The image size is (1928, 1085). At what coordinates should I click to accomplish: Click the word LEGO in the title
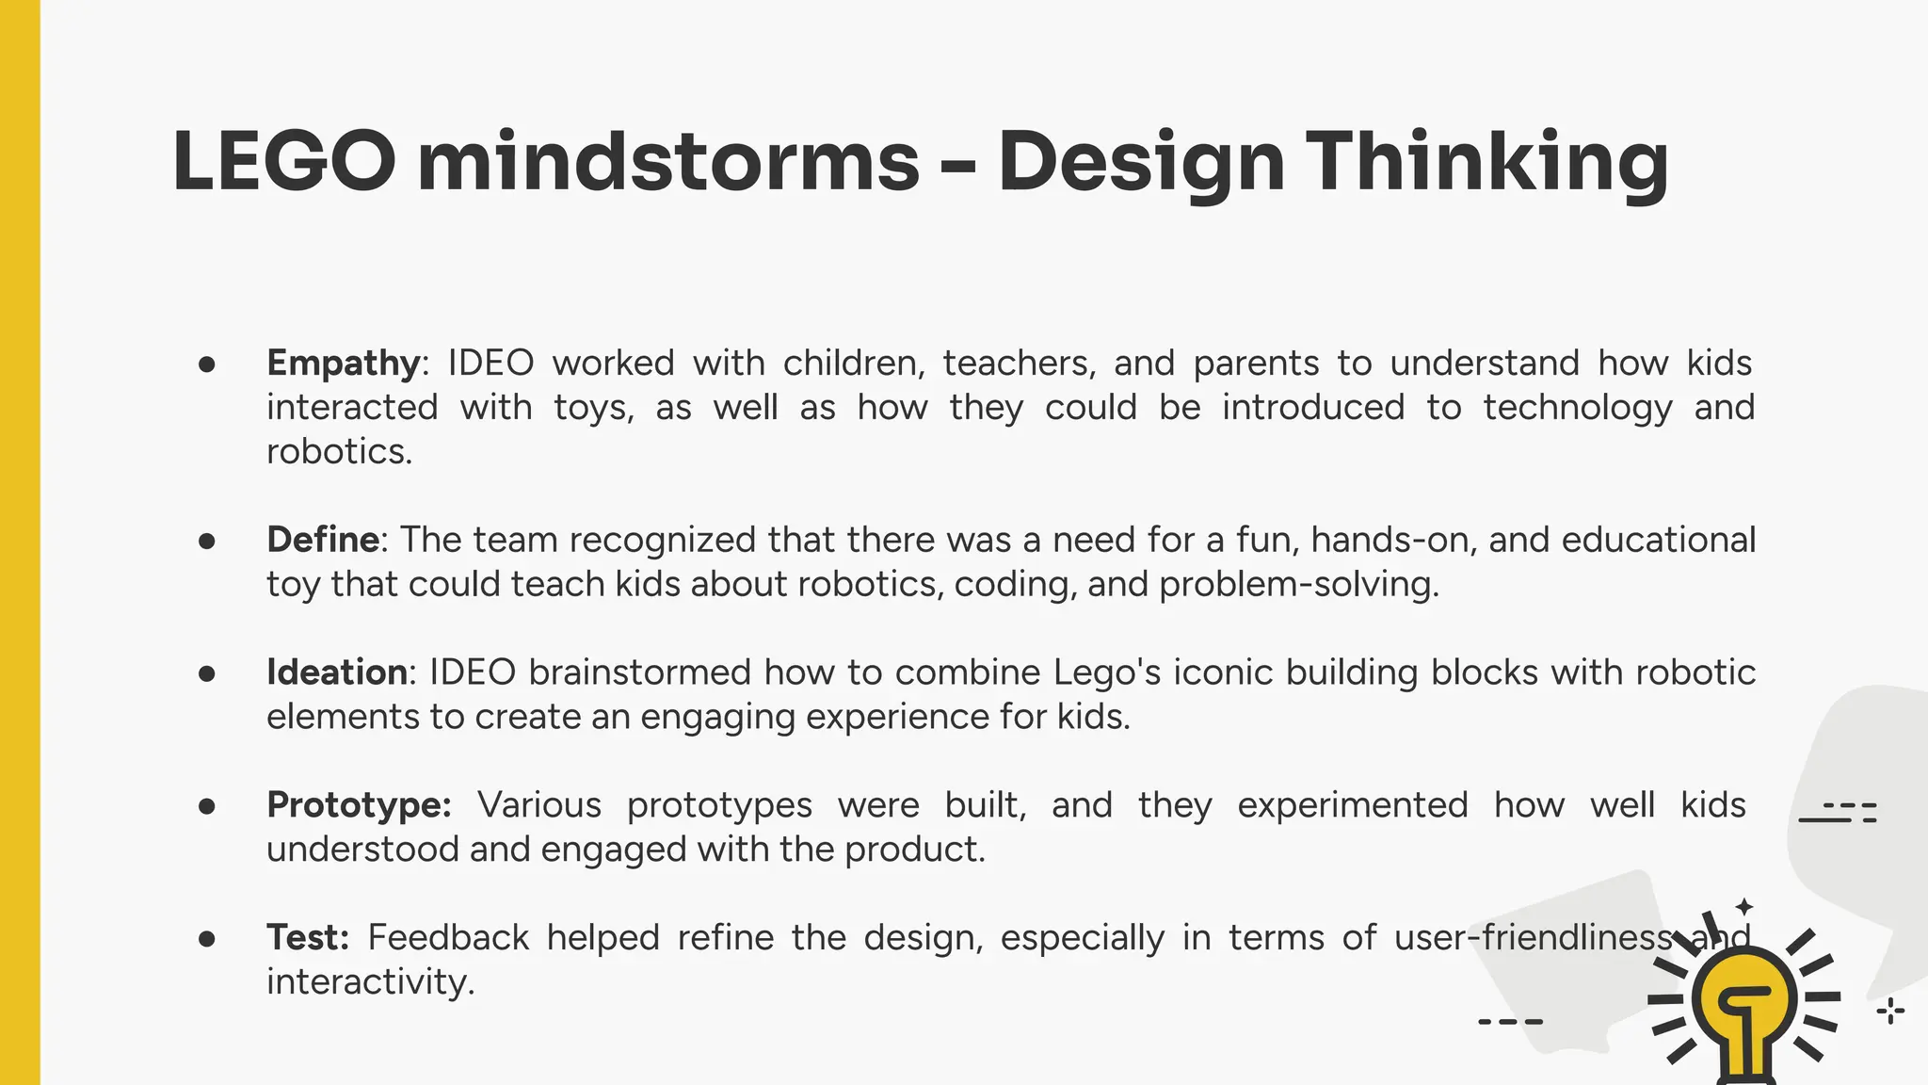click(x=283, y=161)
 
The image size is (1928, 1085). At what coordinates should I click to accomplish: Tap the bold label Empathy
click(x=344, y=364)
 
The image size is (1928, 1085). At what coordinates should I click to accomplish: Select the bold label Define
click(x=323, y=540)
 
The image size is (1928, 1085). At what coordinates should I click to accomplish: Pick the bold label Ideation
click(x=337, y=672)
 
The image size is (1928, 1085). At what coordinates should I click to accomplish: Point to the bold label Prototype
click(x=359, y=806)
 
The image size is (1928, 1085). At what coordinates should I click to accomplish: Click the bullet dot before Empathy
click(x=207, y=364)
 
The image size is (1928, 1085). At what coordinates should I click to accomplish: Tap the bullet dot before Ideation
click(x=207, y=673)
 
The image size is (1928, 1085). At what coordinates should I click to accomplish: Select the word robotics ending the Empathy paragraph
click(x=339, y=452)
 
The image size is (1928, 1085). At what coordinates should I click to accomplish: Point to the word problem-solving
click(x=1298, y=585)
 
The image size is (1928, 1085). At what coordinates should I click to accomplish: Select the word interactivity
click(x=370, y=982)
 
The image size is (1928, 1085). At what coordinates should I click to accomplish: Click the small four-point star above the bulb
click(x=1744, y=907)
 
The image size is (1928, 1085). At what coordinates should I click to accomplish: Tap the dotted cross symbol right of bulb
click(x=1890, y=1012)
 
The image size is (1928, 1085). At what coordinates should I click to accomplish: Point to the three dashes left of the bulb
click(x=1510, y=1021)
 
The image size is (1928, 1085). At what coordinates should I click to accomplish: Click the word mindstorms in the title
click(x=667, y=161)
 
